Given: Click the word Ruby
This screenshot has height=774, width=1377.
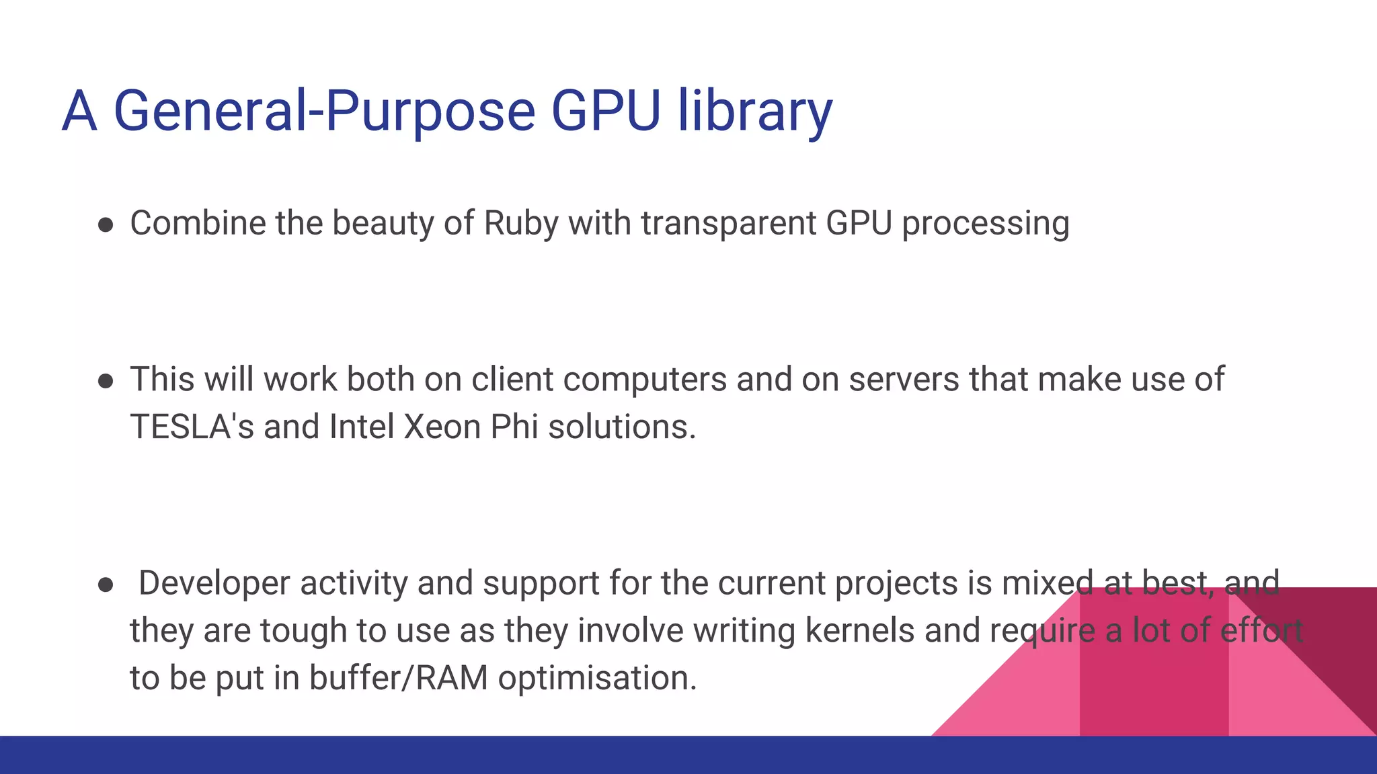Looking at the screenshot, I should click(x=521, y=224).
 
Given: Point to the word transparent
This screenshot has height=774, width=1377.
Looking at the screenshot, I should click(x=728, y=224).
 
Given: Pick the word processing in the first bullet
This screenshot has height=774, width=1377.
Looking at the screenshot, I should click(x=985, y=224).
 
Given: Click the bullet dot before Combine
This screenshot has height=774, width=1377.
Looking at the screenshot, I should click(x=106, y=225).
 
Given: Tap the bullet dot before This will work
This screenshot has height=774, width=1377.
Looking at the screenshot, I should click(x=106, y=382).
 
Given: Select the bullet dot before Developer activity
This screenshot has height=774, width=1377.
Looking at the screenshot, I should click(x=106, y=585).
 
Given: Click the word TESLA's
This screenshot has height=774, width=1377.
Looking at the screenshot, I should click(x=192, y=427).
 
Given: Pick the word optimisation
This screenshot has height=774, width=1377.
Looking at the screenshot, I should click(x=597, y=678).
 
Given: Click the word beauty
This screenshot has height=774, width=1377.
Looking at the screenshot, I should click(x=383, y=224).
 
